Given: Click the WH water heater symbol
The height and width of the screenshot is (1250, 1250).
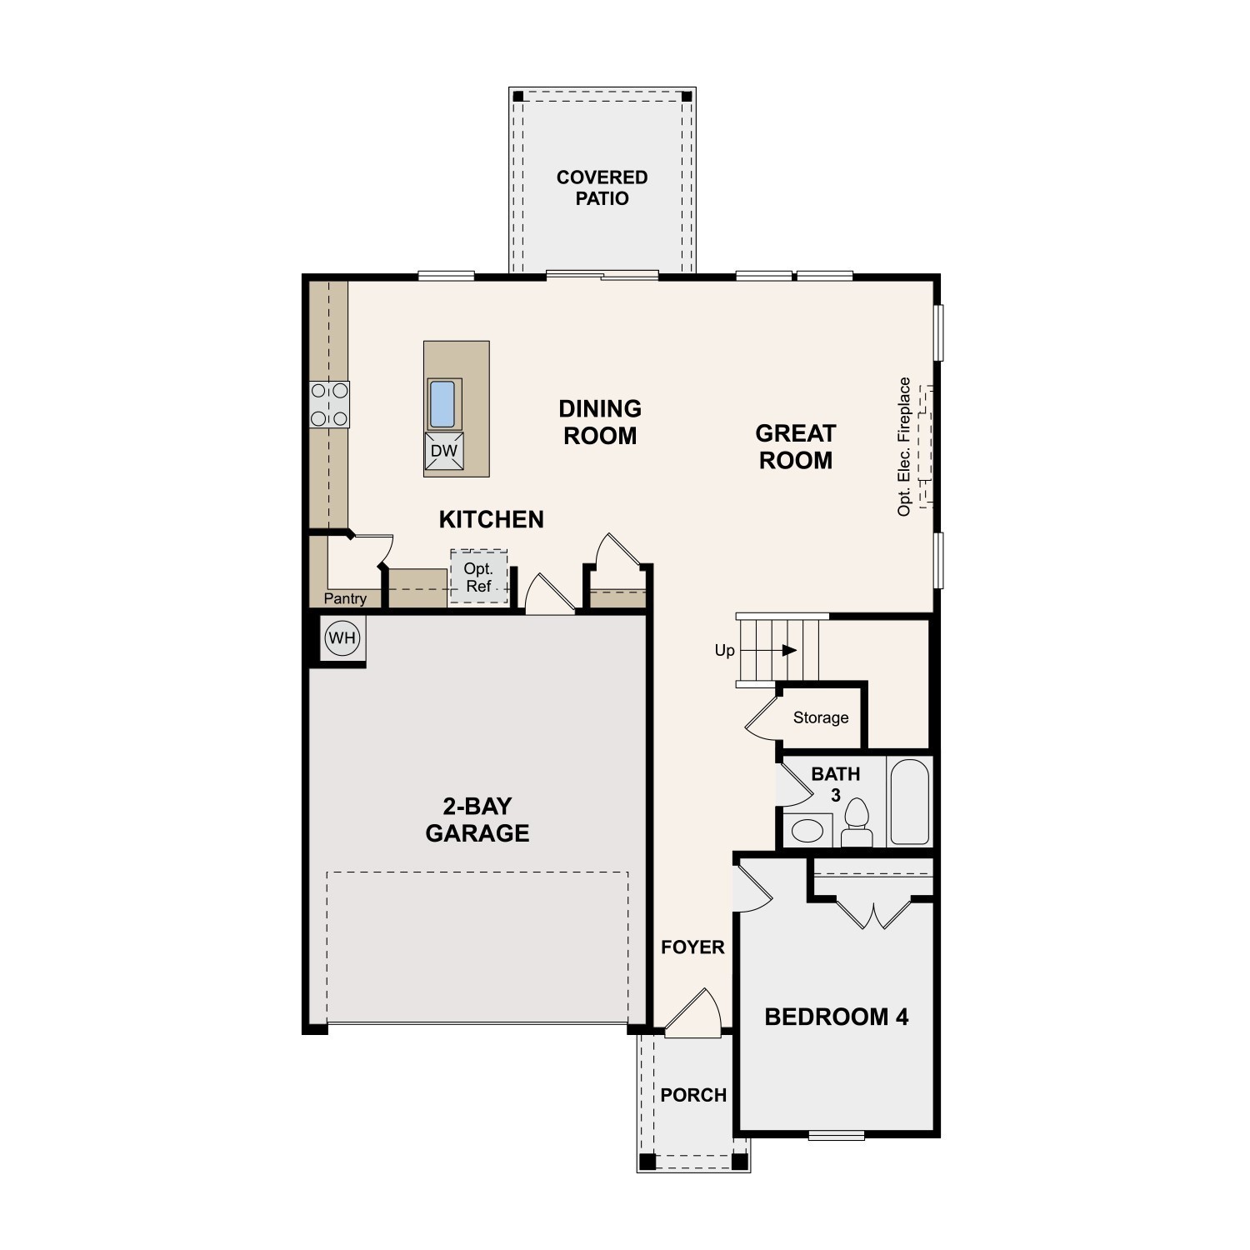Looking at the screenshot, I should pos(342,639).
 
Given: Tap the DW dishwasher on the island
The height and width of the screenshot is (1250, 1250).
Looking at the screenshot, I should pos(443,452).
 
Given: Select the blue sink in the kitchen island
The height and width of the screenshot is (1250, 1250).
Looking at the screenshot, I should pos(442,404).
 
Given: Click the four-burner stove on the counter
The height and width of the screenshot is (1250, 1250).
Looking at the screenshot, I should pos(329,404).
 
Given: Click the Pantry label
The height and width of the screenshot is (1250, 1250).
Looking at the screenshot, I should pos(345,598).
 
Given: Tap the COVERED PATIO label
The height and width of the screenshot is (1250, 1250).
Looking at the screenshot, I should pos(602,187).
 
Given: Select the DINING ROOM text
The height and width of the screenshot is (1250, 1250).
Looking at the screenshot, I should pos(600,422).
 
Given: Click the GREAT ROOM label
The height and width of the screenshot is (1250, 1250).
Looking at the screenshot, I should pos(795,447).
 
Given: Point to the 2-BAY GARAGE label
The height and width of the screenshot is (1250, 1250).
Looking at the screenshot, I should pos(477,819).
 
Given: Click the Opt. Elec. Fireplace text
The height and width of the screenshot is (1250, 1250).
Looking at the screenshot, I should pos(904,447).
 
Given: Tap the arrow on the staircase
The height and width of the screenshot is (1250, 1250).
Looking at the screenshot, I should pos(789,650).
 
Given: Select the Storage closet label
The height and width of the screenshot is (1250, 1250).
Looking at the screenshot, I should pos(821,717).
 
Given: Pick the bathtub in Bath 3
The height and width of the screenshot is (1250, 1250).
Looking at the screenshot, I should pos(909,802).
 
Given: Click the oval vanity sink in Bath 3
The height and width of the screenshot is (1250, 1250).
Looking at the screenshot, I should pos(806,830).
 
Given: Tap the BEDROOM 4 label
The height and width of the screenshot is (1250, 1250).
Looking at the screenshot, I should pos(836,1017).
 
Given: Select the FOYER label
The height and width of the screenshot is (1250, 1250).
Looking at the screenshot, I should pos(692,947).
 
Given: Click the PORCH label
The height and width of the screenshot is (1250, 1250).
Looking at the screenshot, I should pos(693,1095).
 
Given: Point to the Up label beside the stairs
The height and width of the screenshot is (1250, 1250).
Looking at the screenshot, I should pos(724,650).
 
